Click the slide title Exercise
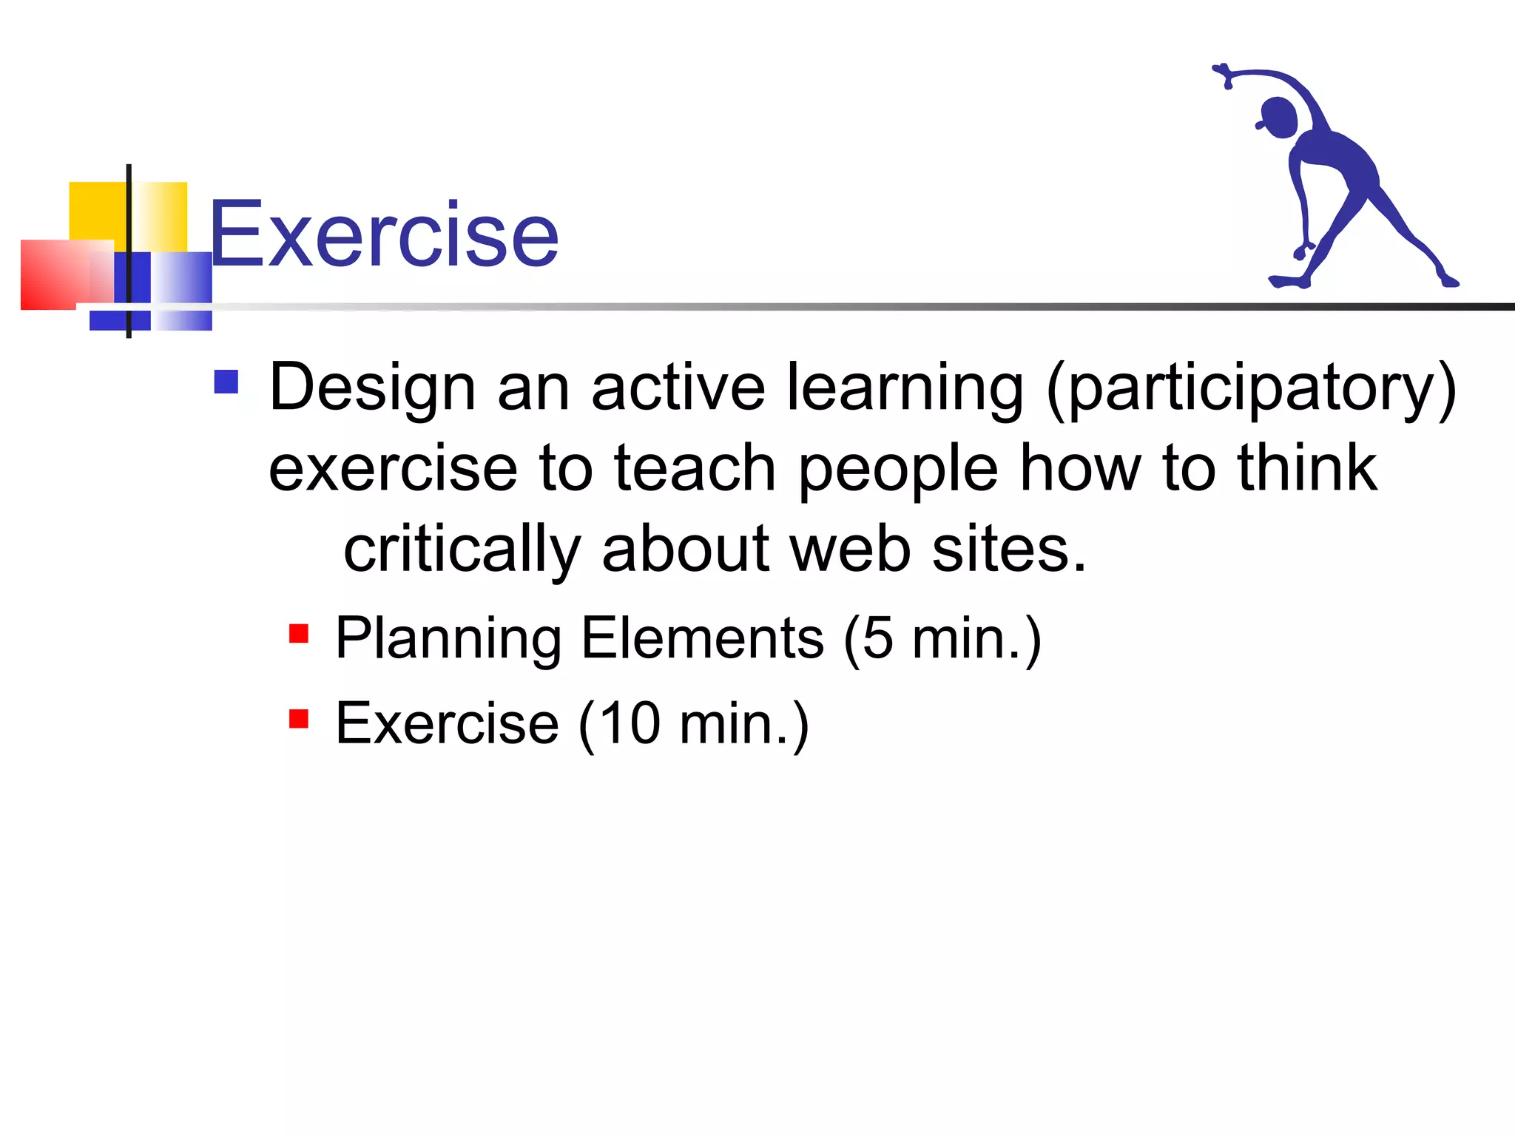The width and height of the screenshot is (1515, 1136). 383,235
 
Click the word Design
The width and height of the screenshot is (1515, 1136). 372,388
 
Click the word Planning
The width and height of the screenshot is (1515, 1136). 448,640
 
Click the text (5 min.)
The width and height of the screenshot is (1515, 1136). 942,639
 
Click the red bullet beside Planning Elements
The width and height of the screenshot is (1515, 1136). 299,634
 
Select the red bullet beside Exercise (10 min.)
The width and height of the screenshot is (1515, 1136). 299,718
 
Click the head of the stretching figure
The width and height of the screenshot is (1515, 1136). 1278,117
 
